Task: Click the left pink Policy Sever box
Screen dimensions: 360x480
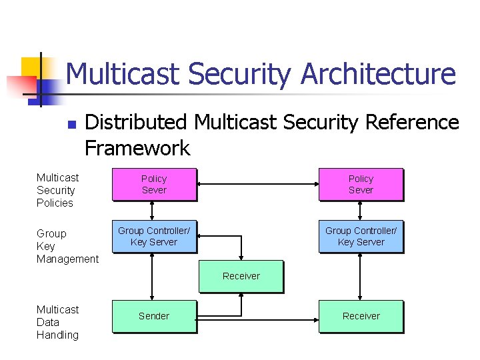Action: pos(154,185)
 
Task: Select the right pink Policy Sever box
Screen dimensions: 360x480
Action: pos(361,185)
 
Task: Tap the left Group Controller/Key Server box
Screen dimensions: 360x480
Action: pos(154,237)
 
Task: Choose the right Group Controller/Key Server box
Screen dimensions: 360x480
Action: pos(361,237)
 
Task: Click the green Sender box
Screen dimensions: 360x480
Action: pos(154,316)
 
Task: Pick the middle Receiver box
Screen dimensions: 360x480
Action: pos(241,276)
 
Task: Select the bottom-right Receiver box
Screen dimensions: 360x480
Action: pos(361,316)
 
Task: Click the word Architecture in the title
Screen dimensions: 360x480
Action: pos(378,74)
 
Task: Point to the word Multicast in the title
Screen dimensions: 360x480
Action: pos(125,74)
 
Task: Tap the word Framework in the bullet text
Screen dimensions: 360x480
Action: pos(137,147)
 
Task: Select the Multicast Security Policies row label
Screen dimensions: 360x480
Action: pos(57,190)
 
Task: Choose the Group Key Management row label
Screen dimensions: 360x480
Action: pos(67,246)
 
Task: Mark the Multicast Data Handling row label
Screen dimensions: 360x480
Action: pos(57,322)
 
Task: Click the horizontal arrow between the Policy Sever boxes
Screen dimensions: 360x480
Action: pos(258,185)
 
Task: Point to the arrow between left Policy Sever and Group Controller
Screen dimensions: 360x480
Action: pos(154,211)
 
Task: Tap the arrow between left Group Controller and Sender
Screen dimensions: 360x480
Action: pos(154,276)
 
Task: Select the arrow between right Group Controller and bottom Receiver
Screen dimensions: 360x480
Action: pos(361,276)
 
